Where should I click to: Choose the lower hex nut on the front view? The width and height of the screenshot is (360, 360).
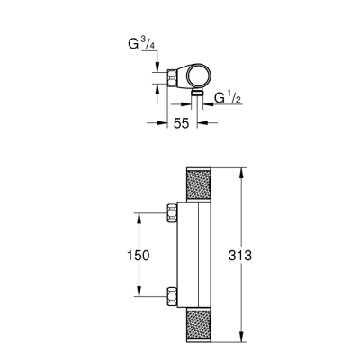click(x=174, y=292)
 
